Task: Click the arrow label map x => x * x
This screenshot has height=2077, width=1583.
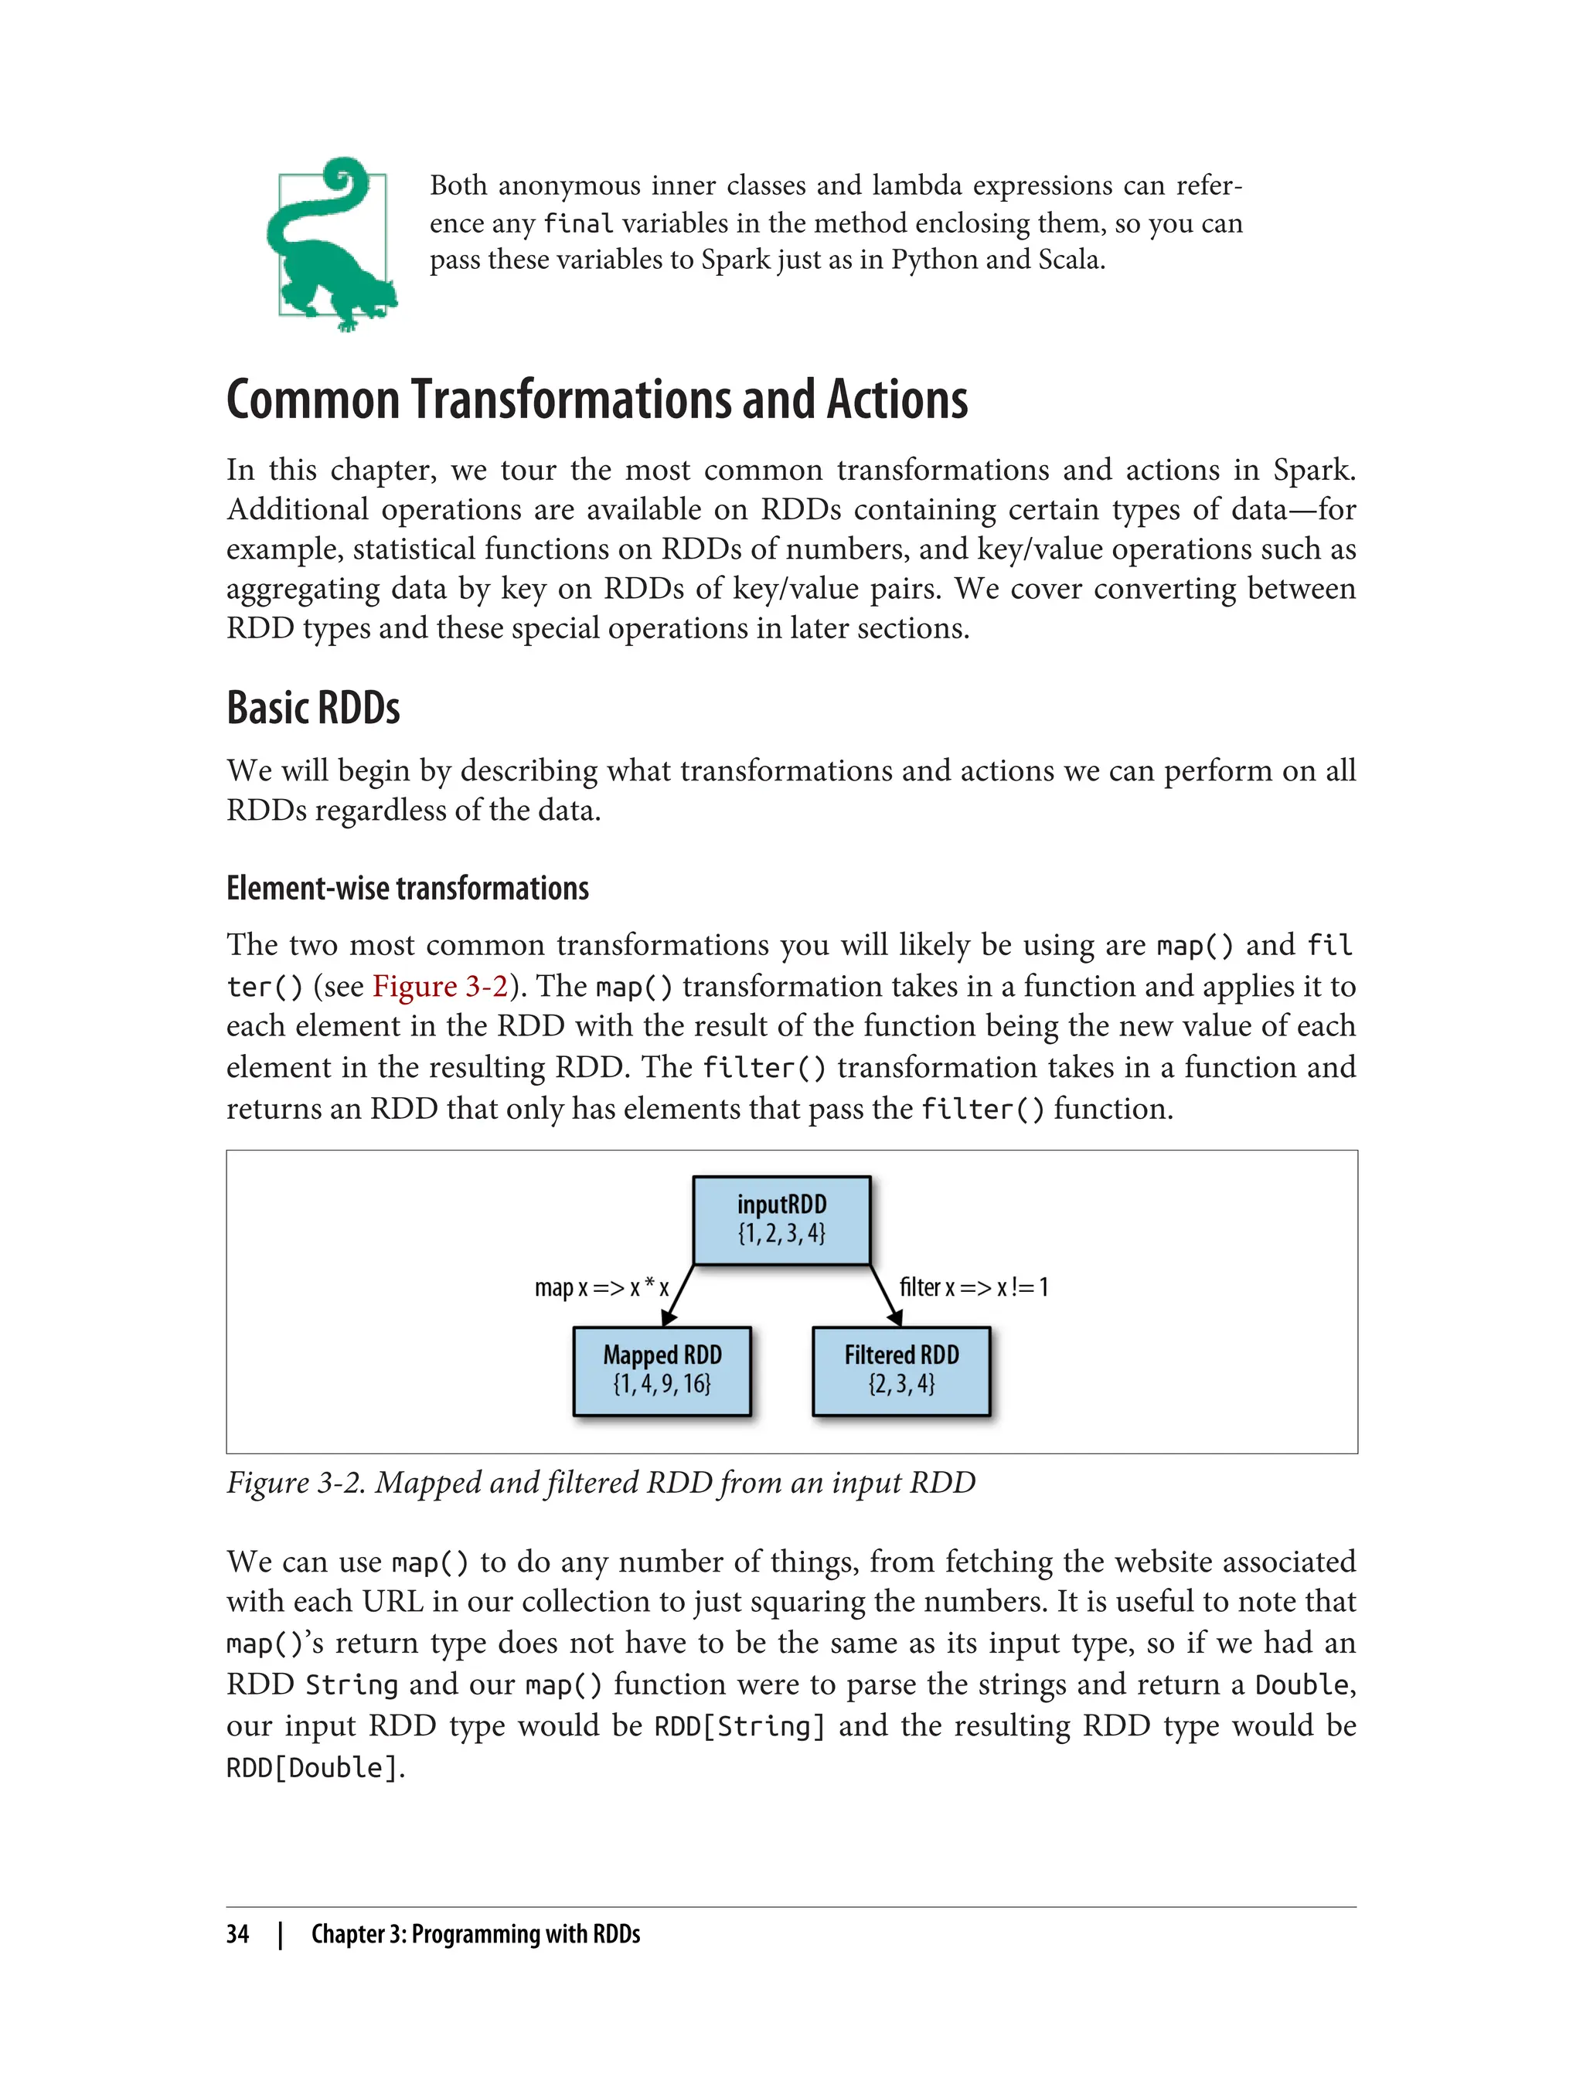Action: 601,1287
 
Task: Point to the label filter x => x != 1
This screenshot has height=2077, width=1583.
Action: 973,1287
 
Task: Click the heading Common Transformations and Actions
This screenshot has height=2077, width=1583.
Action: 597,399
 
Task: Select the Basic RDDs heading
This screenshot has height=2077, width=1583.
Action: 313,709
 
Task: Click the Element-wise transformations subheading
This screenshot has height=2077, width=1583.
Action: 407,889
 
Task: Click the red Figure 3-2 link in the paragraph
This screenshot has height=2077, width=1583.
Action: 440,986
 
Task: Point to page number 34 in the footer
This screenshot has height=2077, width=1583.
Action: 237,1935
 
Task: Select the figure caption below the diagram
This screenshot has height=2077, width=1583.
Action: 601,1483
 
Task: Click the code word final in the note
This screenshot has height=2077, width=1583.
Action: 578,224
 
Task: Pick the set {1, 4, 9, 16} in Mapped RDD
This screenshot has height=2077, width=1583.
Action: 662,1384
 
